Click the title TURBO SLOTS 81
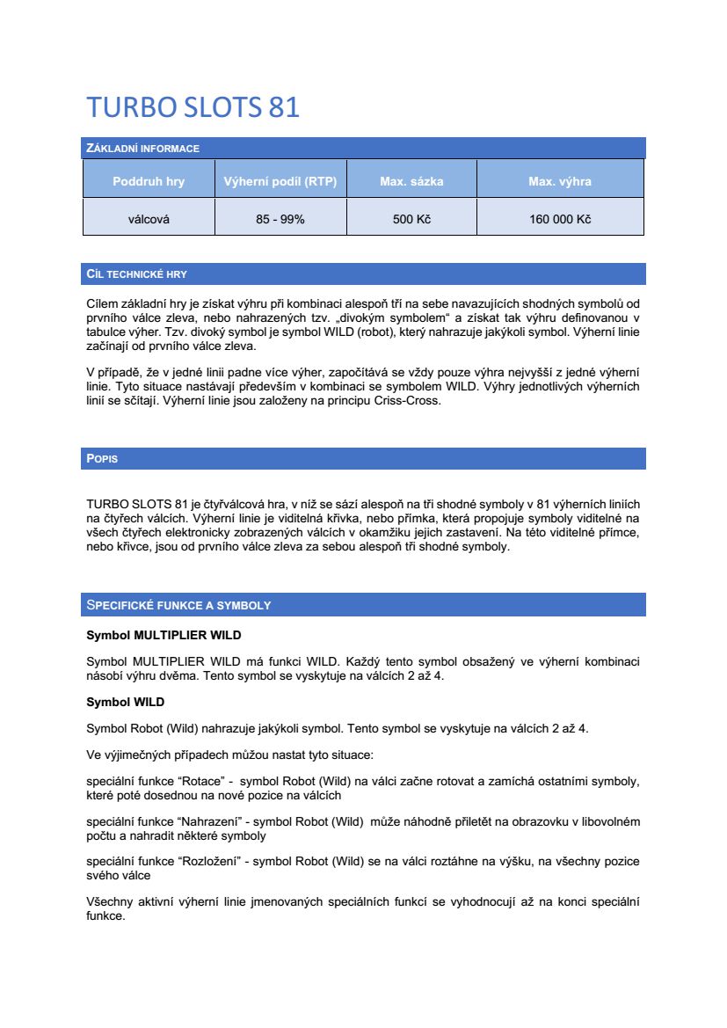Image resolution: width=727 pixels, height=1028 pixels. [193, 107]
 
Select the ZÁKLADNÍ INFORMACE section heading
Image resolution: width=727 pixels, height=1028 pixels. [142, 149]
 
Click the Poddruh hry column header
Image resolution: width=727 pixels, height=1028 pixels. [149, 182]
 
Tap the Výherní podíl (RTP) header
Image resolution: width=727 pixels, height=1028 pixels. [280, 182]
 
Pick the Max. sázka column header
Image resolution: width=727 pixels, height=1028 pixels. [411, 182]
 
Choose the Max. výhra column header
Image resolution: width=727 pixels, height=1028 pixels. [560, 182]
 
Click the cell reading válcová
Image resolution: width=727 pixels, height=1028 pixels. [149, 220]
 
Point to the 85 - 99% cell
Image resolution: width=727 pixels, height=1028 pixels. [280, 220]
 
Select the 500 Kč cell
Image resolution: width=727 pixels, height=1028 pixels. [411, 220]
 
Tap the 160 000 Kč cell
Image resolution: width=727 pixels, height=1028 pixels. [560, 220]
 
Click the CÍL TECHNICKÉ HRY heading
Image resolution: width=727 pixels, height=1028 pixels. [136, 274]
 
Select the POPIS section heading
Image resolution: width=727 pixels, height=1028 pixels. [102, 459]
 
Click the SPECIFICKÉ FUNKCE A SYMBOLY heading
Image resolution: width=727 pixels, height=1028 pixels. [178, 605]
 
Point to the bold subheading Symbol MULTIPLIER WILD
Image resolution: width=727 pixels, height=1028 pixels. [164, 634]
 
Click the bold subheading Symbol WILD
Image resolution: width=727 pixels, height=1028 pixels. [125, 702]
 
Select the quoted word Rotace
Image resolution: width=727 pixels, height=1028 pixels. [200, 781]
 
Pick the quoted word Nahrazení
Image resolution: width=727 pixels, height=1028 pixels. [207, 821]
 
